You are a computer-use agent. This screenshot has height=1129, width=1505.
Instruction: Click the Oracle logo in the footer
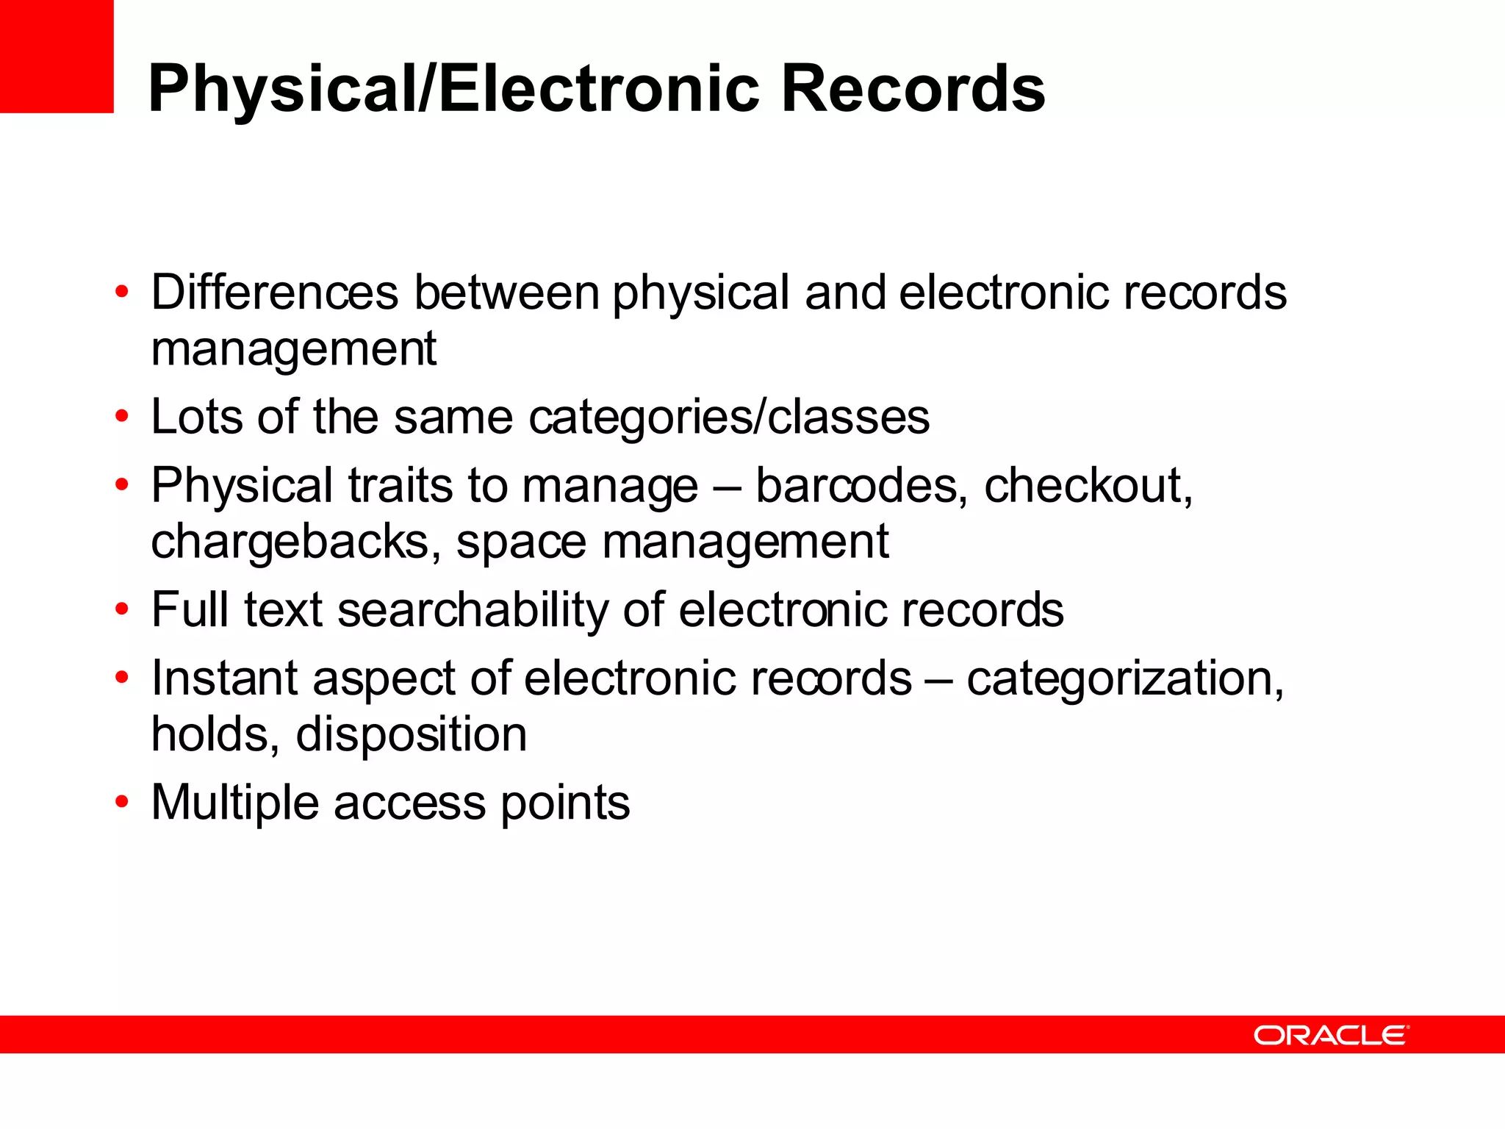point(1331,1035)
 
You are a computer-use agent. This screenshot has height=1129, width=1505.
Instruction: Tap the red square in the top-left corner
point(57,56)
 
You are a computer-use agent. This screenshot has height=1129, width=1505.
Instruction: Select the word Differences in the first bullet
point(274,293)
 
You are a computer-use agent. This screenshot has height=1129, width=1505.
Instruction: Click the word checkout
point(1088,486)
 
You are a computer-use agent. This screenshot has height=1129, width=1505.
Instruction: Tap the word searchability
point(473,610)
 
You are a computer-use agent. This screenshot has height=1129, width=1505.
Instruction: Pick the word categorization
point(1124,678)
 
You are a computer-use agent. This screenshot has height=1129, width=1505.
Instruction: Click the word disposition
point(411,734)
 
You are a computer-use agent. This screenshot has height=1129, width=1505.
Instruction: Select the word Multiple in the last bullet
point(234,803)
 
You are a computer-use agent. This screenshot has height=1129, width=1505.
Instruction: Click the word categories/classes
point(729,417)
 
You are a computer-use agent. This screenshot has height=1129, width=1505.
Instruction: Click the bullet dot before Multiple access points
point(122,802)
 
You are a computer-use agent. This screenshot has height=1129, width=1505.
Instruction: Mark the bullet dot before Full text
point(122,610)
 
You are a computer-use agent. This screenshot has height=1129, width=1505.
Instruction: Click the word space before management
point(521,542)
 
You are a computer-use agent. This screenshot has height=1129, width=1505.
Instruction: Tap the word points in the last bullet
point(565,803)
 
